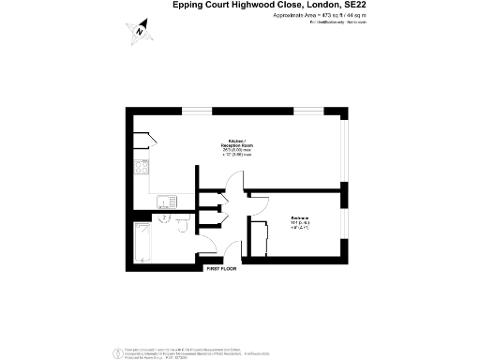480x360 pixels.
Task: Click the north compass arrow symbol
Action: pyautogui.click(x=139, y=31)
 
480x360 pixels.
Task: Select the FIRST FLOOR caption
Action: pyautogui.click(x=221, y=269)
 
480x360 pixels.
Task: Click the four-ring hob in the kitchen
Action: pyautogui.click(x=142, y=170)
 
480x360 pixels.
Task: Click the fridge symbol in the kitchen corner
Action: pyautogui.click(x=142, y=141)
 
